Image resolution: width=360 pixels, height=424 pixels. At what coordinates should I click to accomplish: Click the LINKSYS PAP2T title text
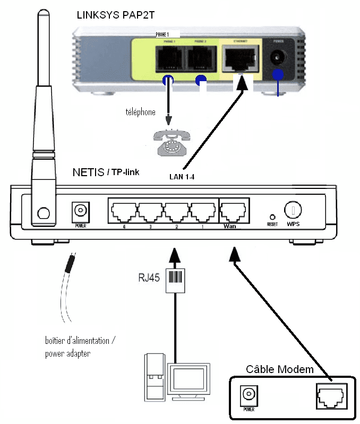(115, 15)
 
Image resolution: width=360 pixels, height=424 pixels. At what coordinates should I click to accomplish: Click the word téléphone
(140, 112)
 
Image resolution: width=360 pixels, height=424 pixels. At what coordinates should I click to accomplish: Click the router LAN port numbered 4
(123, 211)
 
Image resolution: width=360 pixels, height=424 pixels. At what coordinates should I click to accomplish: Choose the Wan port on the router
(234, 211)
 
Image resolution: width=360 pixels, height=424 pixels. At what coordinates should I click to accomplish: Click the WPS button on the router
(293, 211)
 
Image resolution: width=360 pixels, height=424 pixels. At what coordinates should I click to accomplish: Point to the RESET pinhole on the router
(273, 217)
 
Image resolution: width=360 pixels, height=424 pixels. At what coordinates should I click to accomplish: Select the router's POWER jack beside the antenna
(80, 211)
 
